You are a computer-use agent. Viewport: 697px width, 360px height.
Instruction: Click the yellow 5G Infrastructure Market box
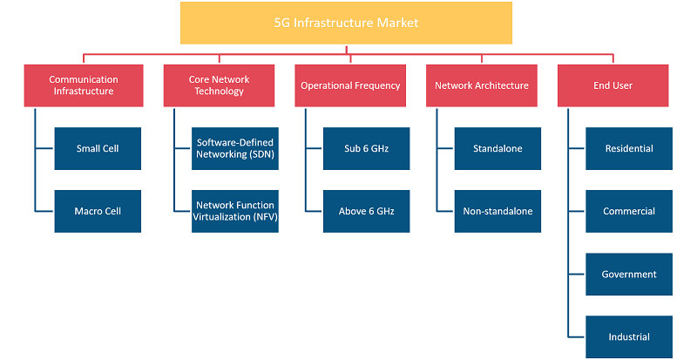[x=346, y=24]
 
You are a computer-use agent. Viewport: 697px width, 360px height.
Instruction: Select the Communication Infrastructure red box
[x=84, y=85]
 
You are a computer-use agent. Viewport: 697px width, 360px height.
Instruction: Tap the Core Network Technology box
[x=219, y=85]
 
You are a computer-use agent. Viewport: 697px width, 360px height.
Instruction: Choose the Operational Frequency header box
[x=350, y=85]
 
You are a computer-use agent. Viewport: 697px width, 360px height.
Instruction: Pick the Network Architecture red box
[x=482, y=85]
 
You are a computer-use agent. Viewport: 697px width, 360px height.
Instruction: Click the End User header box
[x=613, y=85]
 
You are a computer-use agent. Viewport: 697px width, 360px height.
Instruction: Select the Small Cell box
[x=98, y=149]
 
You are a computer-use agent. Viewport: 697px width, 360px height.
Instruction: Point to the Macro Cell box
[x=98, y=211]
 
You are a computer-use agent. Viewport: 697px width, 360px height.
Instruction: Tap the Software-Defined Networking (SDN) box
[x=235, y=149]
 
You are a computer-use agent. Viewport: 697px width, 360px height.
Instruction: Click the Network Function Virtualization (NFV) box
[x=235, y=211]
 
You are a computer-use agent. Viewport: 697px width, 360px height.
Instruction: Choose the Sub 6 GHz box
[x=366, y=149]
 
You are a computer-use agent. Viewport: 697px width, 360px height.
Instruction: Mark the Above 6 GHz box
[x=366, y=211]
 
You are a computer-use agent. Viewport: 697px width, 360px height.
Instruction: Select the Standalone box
[x=497, y=149]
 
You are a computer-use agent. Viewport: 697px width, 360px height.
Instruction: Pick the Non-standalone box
[x=497, y=211]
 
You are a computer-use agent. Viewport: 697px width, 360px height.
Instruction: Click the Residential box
[x=629, y=149]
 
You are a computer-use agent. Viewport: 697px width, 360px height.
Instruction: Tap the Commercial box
[x=629, y=211]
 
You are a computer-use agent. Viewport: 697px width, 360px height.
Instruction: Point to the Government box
[x=629, y=274]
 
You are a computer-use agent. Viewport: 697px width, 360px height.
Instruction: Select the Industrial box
[x=629, y=336]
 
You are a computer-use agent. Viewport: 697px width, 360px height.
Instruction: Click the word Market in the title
[x=398, y=23]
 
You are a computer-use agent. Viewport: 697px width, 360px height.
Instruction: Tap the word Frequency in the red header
[x=378, y=86]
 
